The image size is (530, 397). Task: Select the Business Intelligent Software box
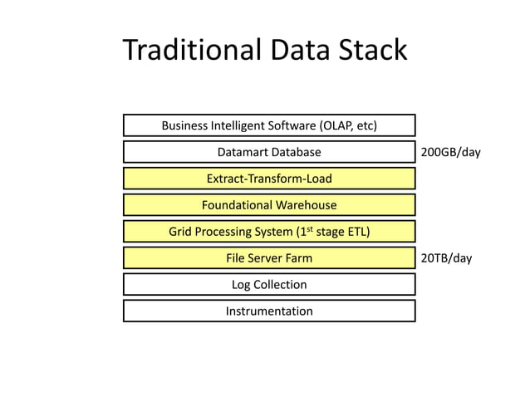(269, 125)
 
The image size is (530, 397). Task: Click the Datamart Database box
(269, 152)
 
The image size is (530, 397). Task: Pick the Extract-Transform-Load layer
(269, 179)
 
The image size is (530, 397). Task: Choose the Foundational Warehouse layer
(269, 205)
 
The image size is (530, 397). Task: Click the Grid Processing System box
(269, 232)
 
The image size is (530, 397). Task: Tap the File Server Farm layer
(269, 258)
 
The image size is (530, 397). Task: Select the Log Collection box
(269, 285)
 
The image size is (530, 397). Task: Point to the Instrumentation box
(269, 311)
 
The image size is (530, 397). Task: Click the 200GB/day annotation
(450, 153)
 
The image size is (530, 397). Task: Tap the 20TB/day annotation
(446, 258)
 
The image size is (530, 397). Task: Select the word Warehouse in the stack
(306, 205)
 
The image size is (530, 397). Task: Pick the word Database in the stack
(295, 152)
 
